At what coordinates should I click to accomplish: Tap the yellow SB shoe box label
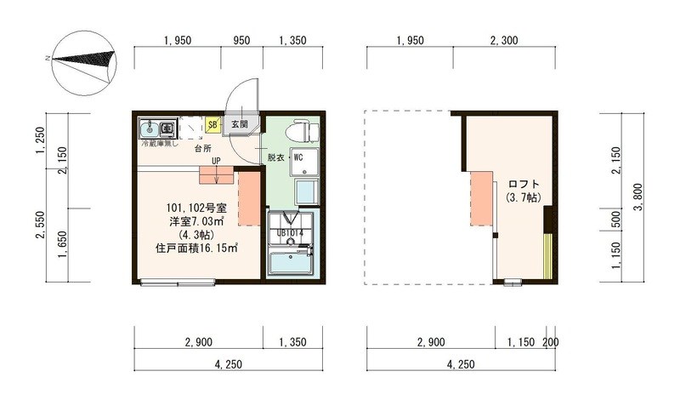coord(213,125)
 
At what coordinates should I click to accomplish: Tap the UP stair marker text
coord(217,160)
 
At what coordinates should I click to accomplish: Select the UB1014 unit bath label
coord(291,231)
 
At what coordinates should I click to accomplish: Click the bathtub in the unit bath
coord(290,261)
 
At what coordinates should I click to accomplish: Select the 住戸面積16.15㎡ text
coord(196,248)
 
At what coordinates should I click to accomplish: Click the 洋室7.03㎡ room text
coord(195,220)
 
